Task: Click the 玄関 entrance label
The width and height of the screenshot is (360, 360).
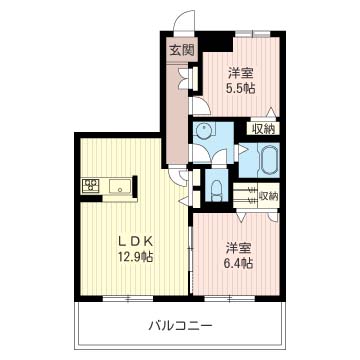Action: click(x=181, y=49)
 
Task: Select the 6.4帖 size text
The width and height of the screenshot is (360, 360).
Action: click(x=237, y=263)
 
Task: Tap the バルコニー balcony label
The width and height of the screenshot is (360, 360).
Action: click(x=180, y=325)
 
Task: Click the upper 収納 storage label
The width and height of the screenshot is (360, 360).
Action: click(x=264, y=128)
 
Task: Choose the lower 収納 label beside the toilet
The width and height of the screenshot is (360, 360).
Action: click(x=268, y=196)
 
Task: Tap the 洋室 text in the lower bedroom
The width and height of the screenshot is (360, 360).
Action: click(x=237, y=247)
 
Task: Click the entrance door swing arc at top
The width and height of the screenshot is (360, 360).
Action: click(x=180, y=22)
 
